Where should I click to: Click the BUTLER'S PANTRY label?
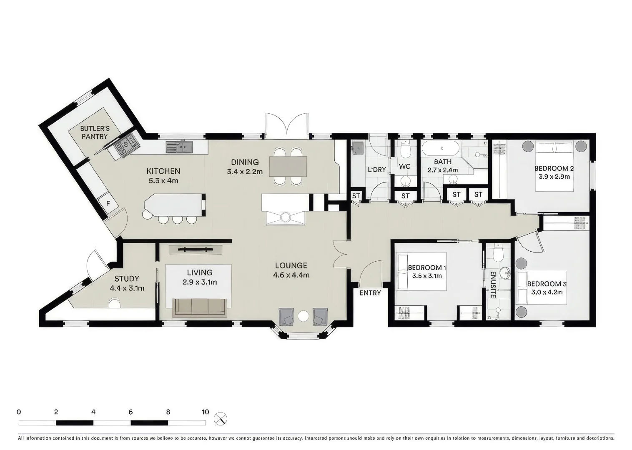95,132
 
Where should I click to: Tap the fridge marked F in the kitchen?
108,203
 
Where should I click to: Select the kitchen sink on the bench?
179,147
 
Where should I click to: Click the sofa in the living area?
200,307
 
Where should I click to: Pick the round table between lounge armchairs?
303,316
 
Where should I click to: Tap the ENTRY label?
370,293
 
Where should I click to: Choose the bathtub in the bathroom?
442,148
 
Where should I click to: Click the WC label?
405,166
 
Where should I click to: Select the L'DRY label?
377,170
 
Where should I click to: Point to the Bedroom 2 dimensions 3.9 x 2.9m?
554,177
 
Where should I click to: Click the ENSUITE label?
493,285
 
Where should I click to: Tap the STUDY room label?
127,279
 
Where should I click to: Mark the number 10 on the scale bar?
206,412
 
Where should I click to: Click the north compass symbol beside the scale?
221,419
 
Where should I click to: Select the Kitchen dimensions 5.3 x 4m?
163,181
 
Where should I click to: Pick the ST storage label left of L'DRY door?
356,196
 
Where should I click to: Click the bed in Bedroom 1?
421,272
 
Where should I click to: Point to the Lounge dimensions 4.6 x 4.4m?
291,275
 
